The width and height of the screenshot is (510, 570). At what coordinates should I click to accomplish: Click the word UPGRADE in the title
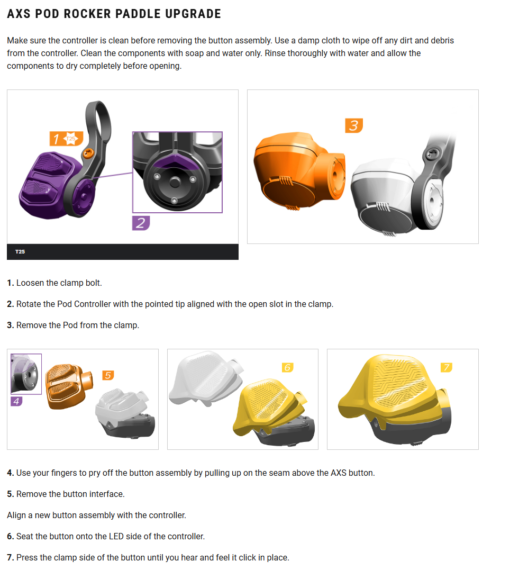[x=193, y=14]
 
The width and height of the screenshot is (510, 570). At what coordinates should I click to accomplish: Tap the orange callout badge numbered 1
[x=66, y=139]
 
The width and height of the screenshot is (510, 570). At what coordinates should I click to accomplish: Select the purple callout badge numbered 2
[x=141, y=223]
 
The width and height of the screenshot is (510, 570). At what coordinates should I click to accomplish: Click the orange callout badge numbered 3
[x=354, y=126]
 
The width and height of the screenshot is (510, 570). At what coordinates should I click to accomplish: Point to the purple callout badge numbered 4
[x=16, y=401]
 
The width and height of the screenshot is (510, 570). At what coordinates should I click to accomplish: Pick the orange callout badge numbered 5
[x=108, y=375]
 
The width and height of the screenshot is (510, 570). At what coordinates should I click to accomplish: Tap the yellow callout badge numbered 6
[x=287, y=367]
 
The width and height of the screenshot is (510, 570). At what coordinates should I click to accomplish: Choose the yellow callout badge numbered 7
[x=447, y=367]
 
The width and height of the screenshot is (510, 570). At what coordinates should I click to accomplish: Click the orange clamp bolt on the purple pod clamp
[x=88, y=153]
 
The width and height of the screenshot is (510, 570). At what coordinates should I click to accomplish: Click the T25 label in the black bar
[x=20, y=251]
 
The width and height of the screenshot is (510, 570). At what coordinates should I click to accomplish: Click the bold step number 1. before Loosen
[x=11, y=283]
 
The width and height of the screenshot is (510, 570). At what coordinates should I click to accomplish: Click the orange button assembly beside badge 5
[x=69, y=386]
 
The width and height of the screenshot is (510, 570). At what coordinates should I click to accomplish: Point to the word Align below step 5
[x=16, y=515]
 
